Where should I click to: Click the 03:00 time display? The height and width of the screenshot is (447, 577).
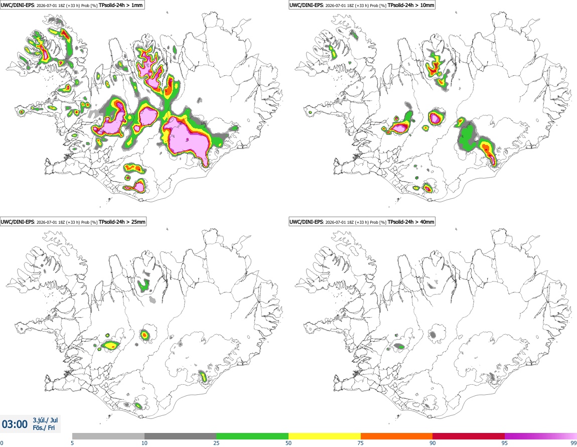point(15,424)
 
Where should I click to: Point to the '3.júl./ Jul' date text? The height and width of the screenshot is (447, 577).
point(45,420)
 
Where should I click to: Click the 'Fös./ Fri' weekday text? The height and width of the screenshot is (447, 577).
point(44,428)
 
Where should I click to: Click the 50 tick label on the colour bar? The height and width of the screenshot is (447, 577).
point(288,443)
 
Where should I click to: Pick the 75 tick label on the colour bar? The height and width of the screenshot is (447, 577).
point(361,443)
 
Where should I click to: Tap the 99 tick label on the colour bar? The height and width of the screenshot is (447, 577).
point(573,443)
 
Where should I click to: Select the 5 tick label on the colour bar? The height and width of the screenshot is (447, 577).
point(72,443)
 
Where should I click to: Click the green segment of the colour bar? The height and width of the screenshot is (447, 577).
point(252,436)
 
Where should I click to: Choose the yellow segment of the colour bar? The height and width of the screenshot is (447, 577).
point(325,436)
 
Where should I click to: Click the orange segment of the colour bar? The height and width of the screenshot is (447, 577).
point(397,436)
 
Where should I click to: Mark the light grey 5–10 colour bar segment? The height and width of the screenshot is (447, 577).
point(108,436)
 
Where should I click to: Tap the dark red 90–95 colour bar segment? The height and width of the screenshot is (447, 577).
point(469,436)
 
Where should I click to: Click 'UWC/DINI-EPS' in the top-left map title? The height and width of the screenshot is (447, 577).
point(17,5)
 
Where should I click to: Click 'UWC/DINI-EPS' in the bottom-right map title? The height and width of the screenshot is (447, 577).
point(306,222)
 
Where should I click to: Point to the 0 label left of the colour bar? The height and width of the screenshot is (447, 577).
point(2,443)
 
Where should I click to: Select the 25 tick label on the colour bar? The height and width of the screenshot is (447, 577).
point(216,443)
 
